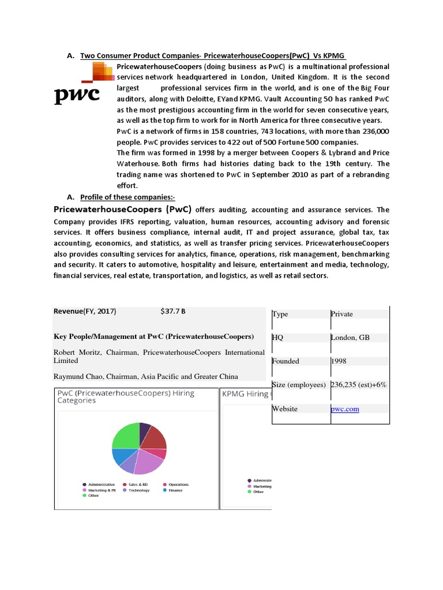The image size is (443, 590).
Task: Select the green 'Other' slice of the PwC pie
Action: (125, 436)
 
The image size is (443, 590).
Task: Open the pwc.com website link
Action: (345, 409)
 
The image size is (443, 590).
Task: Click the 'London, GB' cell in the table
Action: (350, 338)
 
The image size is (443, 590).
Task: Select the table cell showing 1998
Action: (339, 361)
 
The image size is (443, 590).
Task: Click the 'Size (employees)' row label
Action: (299, 385)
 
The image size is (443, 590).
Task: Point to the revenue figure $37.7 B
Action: (173, 311)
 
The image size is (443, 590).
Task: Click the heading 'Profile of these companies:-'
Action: (119, 198)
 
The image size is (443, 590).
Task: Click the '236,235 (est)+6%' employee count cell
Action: (358, 385)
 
